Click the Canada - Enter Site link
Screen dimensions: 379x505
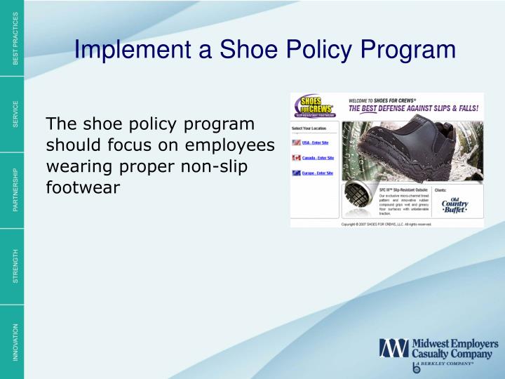[318, 158]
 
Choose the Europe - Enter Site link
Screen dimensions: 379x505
[318, 173]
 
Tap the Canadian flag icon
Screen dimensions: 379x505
[295, 157]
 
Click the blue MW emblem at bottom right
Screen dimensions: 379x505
[393, 348]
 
